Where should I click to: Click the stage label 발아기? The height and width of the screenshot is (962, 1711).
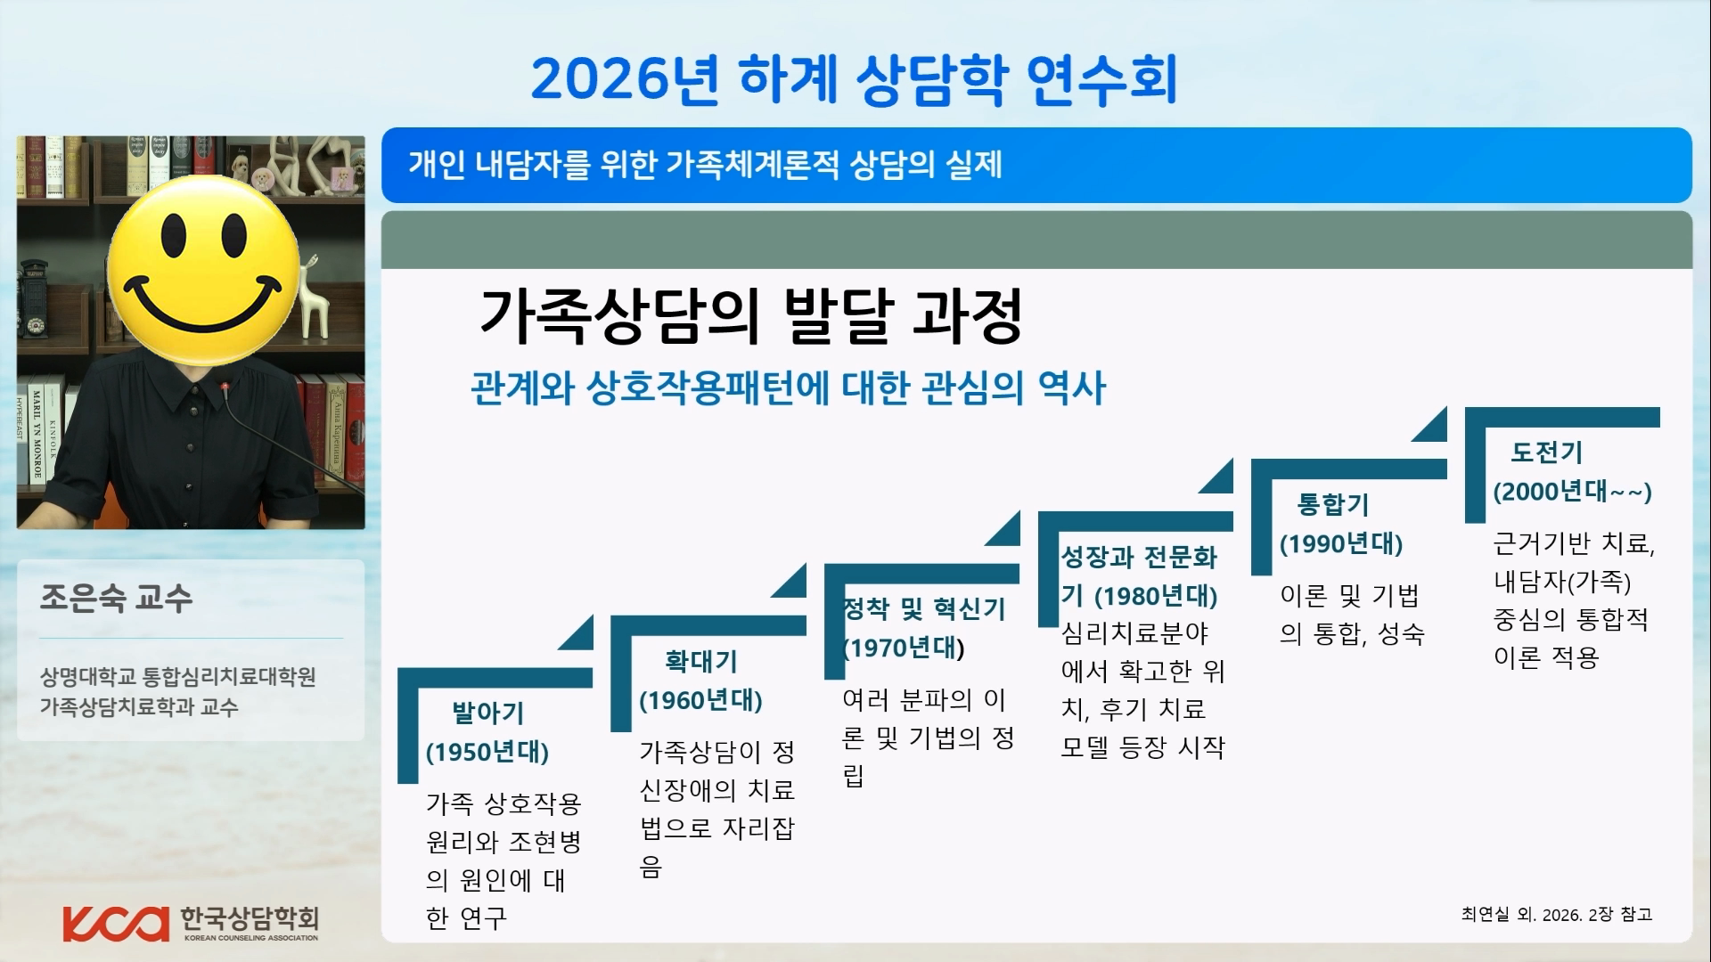tap(487, 713)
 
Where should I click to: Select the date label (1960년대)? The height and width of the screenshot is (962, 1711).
tap(700, 701)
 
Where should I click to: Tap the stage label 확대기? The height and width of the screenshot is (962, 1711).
tap(701, 662)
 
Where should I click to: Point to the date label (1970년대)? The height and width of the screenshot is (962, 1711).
tap(904, 648)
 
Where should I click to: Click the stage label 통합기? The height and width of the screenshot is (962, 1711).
tap(1332, 505)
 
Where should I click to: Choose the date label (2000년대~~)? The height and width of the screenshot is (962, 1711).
tap(1573, 492)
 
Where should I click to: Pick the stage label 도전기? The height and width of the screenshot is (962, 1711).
tap(1546, 452)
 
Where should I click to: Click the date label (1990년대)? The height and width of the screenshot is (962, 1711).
tap(1341, 544)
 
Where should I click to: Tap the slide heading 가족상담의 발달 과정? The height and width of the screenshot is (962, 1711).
tap(750, 316)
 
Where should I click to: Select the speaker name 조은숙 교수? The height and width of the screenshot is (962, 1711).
tap(116, 598)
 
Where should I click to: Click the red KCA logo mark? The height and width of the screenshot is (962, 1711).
tap(116, 924)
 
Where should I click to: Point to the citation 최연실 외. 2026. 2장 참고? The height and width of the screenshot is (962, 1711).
tap(1557, 915)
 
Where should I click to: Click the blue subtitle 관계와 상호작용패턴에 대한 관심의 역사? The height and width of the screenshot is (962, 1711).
tap(788, 388)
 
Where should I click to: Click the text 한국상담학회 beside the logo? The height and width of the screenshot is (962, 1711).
tap(249, 918)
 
